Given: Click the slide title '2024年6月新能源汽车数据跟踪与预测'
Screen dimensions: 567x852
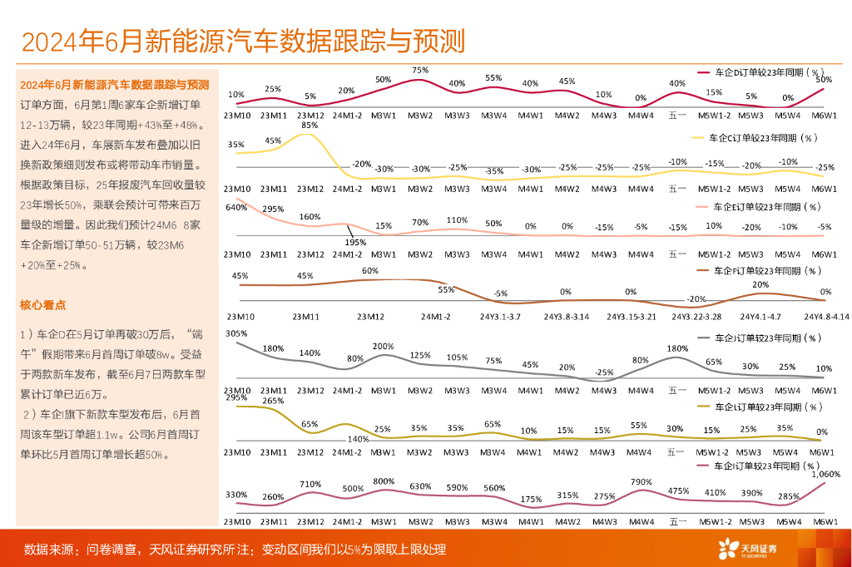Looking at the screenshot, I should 243,41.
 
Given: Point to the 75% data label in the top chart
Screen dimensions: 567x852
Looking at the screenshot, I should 420,71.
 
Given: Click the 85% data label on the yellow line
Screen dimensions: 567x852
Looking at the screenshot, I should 310,126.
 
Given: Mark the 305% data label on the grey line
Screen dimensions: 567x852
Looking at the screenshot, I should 235,334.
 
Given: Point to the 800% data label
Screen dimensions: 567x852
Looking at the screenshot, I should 384,481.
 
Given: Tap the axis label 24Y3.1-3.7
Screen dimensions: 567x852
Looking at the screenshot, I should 499,317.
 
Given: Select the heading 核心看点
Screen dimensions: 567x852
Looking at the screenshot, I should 43,305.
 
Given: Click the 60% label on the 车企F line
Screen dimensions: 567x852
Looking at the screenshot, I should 370,271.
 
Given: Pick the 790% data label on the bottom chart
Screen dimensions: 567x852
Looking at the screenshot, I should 641,481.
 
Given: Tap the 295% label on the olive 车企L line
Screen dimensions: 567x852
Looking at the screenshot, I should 235,397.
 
